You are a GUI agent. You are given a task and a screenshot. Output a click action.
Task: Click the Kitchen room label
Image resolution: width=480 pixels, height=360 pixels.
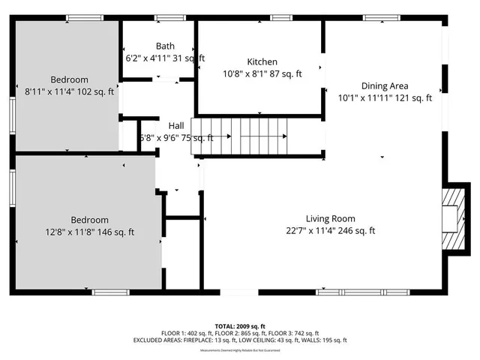pos(262,61)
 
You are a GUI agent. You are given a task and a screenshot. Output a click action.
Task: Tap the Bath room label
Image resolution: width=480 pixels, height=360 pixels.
pos(165,46)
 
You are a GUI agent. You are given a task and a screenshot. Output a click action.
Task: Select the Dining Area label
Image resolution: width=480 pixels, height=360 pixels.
pos(385,85)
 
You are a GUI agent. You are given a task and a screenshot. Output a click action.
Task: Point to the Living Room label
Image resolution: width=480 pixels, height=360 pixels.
pos(330,219)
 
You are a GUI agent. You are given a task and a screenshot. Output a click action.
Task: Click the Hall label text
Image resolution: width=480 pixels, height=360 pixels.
pos(175,126)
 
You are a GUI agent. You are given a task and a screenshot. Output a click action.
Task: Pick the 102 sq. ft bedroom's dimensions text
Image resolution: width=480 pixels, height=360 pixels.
pos(69,91)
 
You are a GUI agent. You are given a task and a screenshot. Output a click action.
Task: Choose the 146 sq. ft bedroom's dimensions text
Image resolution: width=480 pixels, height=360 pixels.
pos(90,232)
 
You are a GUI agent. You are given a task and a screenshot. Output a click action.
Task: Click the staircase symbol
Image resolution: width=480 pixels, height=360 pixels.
pos(240,136)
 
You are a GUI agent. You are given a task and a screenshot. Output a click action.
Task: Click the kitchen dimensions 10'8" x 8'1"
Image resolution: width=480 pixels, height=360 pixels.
pos(262,73)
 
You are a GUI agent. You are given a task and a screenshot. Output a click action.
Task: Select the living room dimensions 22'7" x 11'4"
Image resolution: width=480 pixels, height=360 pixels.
pos(330,231)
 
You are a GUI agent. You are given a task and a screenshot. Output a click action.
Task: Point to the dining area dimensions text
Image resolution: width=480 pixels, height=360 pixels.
pos(385,97)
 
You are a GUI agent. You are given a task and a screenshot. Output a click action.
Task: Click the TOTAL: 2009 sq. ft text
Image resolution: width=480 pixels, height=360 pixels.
pos(240,326)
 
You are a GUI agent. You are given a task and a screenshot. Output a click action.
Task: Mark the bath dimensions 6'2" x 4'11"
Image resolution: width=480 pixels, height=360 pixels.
pos(165,58)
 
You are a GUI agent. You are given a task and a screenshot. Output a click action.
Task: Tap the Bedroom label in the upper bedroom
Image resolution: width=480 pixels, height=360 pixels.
pos(69,79)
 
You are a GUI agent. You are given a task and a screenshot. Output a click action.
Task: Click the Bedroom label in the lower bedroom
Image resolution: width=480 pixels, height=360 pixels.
pos(90,220)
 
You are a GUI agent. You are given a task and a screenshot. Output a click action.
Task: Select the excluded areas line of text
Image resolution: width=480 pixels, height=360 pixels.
pos(240,340)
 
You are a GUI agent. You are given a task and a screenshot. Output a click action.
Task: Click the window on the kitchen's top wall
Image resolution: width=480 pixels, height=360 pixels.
pos(281,17)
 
